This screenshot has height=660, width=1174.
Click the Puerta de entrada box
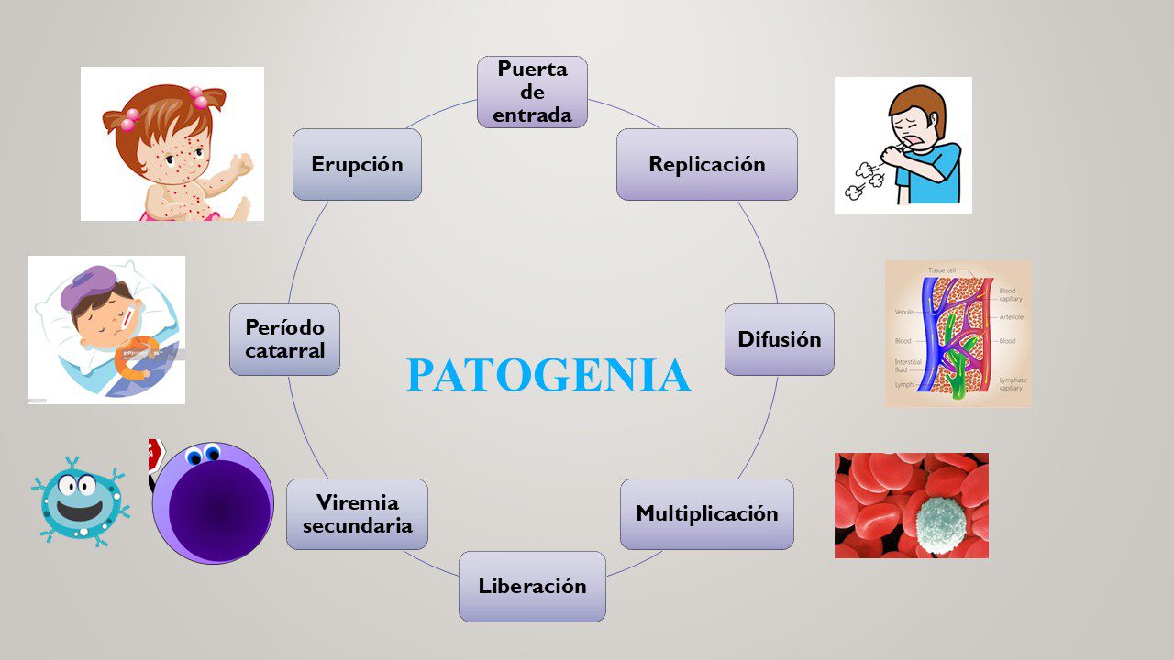(x=532, y=92)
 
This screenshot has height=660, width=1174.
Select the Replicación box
(x=706, y=164)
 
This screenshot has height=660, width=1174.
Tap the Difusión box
(x=779, y=339)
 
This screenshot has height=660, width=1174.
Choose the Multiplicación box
(x=706, y=513)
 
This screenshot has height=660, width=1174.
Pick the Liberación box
(x=532, y=587)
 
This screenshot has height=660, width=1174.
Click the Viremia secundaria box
(x=357, y=514)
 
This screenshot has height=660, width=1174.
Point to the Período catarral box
(x=284, y=339)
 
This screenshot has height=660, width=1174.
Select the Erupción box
(x=357, y=164)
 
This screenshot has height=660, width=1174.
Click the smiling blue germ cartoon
(x=78, y=500)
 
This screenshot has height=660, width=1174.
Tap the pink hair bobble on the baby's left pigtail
(x=129, y=117)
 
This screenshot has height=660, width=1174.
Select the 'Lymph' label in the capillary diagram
(x=903, y=386)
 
